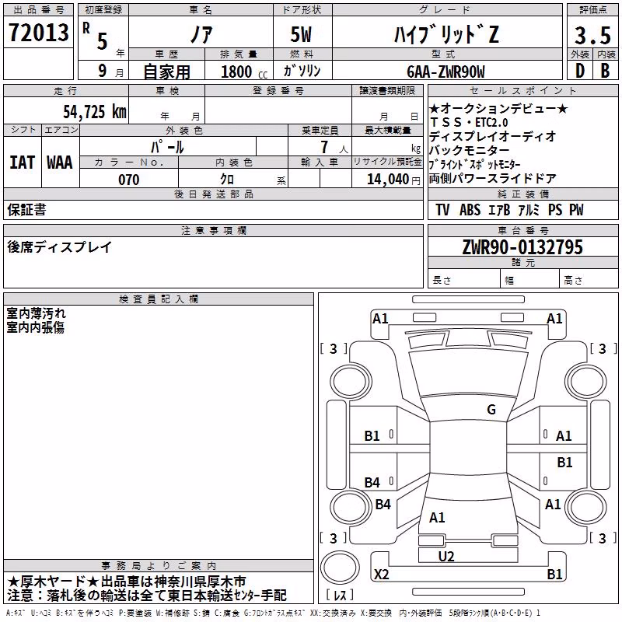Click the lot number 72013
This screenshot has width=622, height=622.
click(x=38, y=32)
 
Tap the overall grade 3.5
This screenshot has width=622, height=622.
click(x=592, y=35)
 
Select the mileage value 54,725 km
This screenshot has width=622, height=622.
click(x=95, y=111)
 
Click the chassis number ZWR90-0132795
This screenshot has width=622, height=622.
click(x=522, y=246)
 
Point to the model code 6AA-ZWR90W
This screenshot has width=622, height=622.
click(x=446, y=72)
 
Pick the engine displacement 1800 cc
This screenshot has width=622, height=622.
click(x=243, y=72)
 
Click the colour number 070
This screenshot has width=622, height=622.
click(x=129, y=180)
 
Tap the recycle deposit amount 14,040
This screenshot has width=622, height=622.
click(x=387, y=179)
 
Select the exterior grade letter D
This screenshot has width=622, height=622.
click(x=580, y=71)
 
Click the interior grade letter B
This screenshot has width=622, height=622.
click(x=605, y=71)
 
